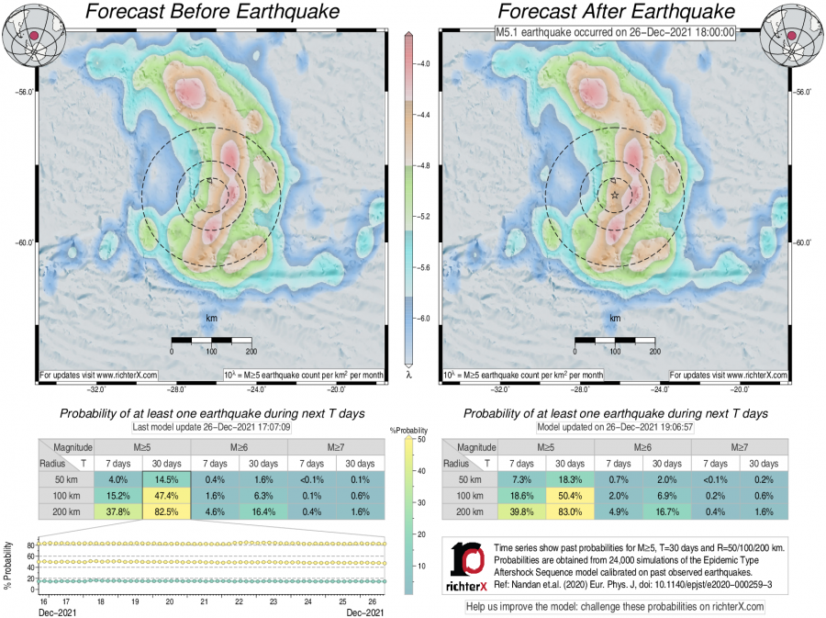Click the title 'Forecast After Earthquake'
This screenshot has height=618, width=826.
[616, 12]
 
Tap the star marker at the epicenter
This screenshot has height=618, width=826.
[614, 195]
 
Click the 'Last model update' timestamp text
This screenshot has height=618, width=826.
[210, 427]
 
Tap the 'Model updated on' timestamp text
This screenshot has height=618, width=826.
[615, 427]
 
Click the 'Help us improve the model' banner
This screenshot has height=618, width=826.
[615, 607]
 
